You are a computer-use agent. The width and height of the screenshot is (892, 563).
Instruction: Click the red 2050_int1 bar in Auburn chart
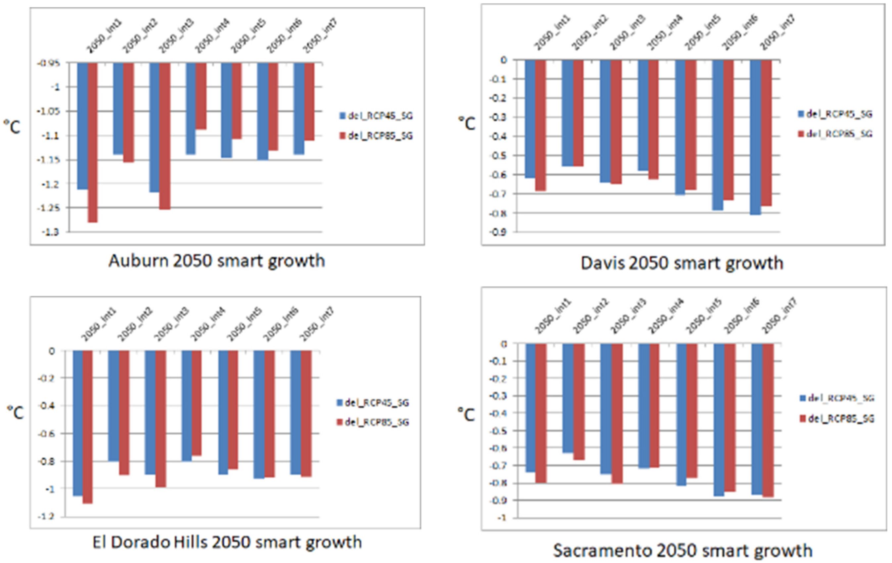pos(93,143)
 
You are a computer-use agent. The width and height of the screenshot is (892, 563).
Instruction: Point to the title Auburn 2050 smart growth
pos(217,261)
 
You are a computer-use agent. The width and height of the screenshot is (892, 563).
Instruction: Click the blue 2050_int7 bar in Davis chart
pos(755,137)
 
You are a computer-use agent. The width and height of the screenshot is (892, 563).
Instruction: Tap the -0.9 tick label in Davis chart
pos(498,232)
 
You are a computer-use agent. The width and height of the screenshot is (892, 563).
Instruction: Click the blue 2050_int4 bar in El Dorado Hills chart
pos(187,406)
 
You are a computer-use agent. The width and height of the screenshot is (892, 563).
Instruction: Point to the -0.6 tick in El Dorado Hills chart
pos(46,433)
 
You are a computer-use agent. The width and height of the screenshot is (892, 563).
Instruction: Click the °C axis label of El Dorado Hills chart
pos(16,412)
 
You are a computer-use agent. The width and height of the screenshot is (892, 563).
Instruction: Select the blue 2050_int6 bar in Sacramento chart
pos(719,419)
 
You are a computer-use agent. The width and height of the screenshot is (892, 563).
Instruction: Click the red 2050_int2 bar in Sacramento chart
pos(579,402)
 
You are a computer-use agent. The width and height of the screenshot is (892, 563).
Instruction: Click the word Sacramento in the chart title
pos(602,551)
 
